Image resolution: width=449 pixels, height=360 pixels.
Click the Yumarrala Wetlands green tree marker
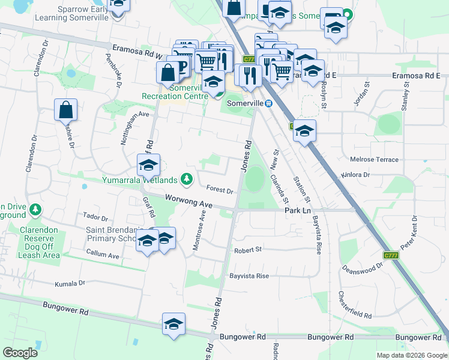(x=187, y=179)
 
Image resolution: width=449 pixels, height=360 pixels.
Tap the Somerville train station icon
(x=270, y=103)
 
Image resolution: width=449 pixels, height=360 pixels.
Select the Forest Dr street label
(x=219, y=191)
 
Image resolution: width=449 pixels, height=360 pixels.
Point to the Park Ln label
(x=297, y=211)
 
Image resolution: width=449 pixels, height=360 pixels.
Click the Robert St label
(x=249, y=250)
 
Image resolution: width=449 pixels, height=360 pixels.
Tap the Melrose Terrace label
(x=374, y=160)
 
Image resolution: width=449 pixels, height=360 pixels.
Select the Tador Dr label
(x=95, y=218)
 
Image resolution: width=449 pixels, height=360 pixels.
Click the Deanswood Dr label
(x=362, y=265)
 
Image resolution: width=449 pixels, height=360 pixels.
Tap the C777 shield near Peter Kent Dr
(x=391, y=256)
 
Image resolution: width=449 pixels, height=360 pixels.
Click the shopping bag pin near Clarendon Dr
(x=65, y=110)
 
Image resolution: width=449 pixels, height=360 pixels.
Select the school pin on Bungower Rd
(x=173, y=325)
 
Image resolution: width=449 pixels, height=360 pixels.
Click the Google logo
(x=20, y=353)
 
